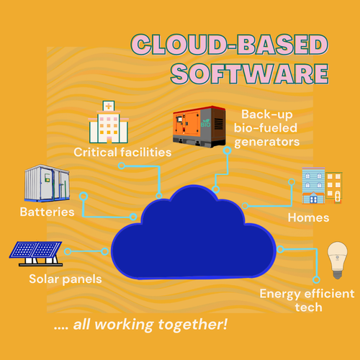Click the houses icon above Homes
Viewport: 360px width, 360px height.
tap(321, 187)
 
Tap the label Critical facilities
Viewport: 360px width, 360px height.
tap(122, 152)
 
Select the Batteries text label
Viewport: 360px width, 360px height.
tap(47, 212)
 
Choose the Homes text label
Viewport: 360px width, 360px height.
tap(308, 217)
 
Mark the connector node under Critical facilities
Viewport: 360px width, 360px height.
tap(122, 166)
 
